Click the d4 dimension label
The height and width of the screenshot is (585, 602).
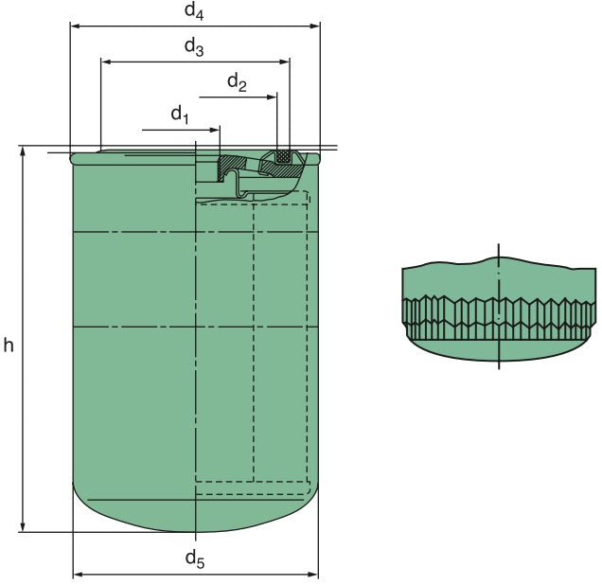coord(194,12)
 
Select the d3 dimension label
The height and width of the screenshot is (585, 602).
coord(194,45)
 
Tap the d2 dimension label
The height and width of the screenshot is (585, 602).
coord(237,83)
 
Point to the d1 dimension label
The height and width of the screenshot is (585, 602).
coord(181,115)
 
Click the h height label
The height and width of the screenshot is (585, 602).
coord(9,346)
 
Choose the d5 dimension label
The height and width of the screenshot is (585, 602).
coord(194,558)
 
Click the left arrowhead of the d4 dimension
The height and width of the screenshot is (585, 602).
coord(75,27)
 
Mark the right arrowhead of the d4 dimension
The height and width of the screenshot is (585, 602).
coord(315,27)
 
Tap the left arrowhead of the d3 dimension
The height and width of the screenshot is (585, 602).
coord(106,62)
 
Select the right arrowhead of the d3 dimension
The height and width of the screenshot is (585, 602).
coord(285,62)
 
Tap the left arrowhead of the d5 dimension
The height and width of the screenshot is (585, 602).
coord(79,574)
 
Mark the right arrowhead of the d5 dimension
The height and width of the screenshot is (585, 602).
coord(313,574)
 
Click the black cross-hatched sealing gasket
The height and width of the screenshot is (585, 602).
coord(281,155)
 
